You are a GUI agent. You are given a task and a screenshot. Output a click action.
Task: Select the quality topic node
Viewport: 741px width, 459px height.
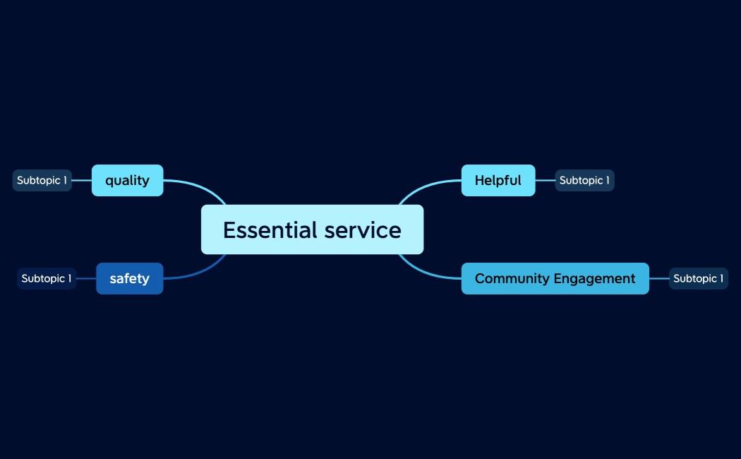coord(127,180)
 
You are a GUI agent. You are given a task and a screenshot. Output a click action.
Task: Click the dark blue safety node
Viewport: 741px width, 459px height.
coord(129,278)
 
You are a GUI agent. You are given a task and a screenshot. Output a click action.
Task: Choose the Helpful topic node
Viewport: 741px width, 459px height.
coord(498,180)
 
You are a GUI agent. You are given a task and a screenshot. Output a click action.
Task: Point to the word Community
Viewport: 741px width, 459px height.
coord(512,278)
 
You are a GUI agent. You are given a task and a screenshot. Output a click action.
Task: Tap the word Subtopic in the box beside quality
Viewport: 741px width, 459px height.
coord(38,180)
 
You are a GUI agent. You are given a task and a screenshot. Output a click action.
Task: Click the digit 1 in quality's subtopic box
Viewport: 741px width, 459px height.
coord(65,180)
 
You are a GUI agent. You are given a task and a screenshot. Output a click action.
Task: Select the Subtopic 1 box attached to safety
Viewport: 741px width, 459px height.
coord(46,278)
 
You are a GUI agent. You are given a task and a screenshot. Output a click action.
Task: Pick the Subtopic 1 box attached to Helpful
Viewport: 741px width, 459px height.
coord(584,180)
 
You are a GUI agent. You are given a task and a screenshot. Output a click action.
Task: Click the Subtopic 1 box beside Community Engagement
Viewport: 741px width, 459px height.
coord(698,278)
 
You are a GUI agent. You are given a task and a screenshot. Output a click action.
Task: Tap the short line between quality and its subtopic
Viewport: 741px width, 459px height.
coord(82,180)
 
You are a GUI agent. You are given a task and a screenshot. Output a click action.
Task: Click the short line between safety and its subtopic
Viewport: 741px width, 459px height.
coord(86,278)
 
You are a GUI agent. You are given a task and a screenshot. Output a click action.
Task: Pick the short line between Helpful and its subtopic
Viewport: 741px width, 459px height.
coord(545,180)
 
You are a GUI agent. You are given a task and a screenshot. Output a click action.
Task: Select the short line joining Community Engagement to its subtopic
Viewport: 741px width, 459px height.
coord(658,278)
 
